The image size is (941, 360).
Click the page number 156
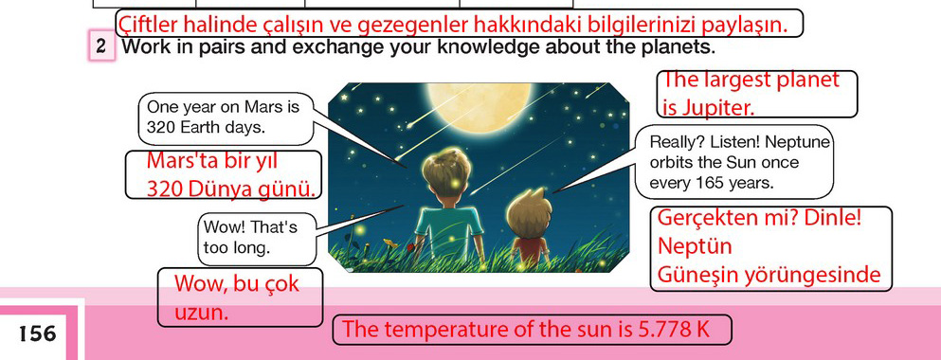coord(37,333)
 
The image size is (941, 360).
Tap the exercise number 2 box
coord(101,46)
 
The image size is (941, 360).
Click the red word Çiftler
coord(147,25)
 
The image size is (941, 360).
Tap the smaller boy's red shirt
coord(531,246)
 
